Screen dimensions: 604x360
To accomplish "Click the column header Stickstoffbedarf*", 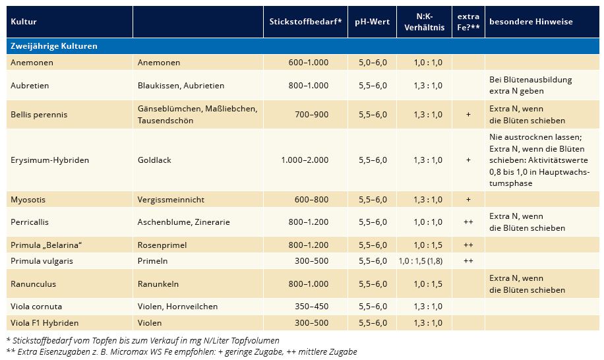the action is pyautogui.click(x=305, y=22).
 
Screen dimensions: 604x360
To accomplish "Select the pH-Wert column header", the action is pyautogui.click(x=372, y=22).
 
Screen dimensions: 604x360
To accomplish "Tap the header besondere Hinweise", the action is pyautogui.click(x=531, y=22).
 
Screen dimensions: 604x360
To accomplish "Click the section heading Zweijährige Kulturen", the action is pyautogui.click(x=54, y=46).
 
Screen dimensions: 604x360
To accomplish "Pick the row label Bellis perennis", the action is pyautogui.click(x=39, y=114).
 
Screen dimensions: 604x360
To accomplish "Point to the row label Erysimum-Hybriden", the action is pyautogui.click(x=49, y=160).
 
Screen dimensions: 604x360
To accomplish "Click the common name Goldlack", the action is pyautogui.click(x=154, y=160).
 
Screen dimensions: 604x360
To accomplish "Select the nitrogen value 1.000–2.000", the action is pyautogui.click(x=305, y=160).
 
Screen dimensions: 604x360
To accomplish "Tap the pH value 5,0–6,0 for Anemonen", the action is pyautogui.click(x=373, y=63).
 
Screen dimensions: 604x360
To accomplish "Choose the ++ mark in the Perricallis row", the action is pyautogui.click(x=468, y=222).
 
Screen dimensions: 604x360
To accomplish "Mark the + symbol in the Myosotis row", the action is pyautogui.click(x=468, y=199).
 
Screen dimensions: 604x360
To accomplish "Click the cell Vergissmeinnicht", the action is pyautogui.click(x=171, y=199).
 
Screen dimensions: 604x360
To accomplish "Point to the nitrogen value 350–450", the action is pyautogui.click(x=312, y=307).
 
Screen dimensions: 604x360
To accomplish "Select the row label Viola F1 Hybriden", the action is pyautogui.click(x=44, y=322).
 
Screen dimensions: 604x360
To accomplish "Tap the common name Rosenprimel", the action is pyautogui.click(x=162, y=245).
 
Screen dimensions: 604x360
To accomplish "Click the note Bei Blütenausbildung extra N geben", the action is pyautogui.click(x=530, y=85).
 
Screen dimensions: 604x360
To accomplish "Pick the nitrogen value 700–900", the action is pyautogui.click(x=312, y=114).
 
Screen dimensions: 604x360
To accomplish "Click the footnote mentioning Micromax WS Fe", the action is pyautogui.click(x=182, y=352).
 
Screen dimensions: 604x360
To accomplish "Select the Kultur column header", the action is pyautogui.click(x=24, y=22).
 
